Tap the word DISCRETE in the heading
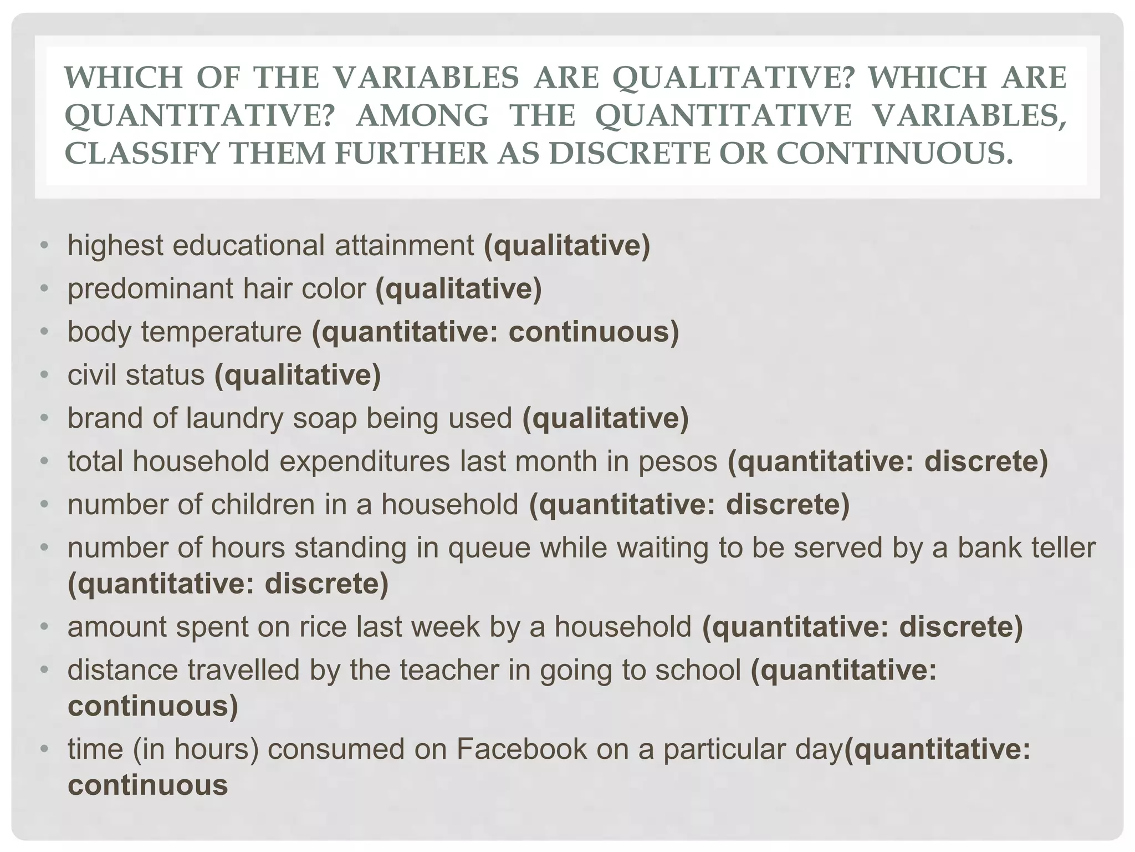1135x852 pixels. pyautogui.click(x=631, y=154)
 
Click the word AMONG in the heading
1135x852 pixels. pyautogui.click(x=422, y=115)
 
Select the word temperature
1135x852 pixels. pyautogui.click(x=221, y=332)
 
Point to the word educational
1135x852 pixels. pyautogui.click(x=249, y=246)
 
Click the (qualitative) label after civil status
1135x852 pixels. pyautogui.click(x=298, y=375)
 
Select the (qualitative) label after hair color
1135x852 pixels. pyautogui.click(x=458, y=289)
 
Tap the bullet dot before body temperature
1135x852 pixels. pyautogui.click(x=45, y=332)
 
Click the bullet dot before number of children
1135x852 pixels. pyautogui.click(x=45, y=505)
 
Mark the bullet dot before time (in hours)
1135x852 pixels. pyautogui.click(x=45, y=749)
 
